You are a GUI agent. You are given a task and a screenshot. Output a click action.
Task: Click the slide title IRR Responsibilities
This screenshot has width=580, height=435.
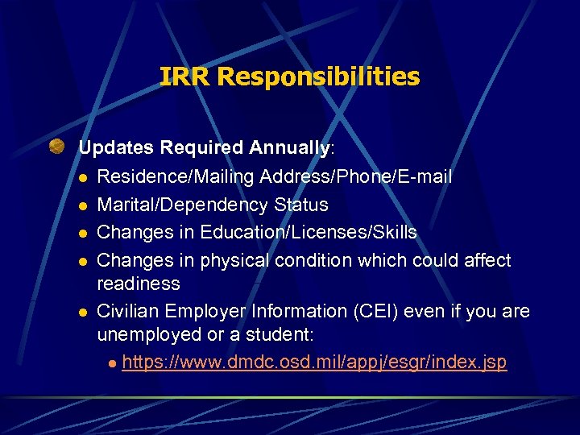click(289, 77)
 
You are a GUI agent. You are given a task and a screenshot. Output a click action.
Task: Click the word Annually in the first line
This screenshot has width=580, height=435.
click(289, 148)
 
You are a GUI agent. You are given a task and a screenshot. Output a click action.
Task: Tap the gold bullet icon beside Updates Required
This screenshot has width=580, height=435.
click(56, 147)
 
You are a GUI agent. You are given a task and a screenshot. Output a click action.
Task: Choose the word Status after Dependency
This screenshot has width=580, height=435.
click(300, 205)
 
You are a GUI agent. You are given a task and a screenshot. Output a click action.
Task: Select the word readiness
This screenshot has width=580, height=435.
click(138, 284)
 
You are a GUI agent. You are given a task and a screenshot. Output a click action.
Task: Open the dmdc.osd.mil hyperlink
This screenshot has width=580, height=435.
click(314, 362)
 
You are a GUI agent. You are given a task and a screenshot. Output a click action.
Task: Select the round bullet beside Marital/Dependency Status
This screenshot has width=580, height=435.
click(82, 205)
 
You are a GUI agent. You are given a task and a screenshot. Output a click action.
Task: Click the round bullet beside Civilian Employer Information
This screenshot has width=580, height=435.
click(82, 312)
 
